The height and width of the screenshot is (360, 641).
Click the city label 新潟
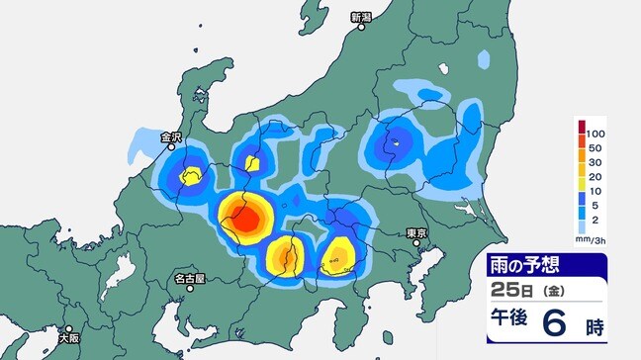362,17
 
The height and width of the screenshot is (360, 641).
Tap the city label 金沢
174,136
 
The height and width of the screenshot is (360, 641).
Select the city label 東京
416,232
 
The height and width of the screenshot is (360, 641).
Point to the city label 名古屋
191,278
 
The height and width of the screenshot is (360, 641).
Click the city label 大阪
68,334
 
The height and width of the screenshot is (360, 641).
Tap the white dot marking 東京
421,243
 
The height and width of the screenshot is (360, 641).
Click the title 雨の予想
534,266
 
